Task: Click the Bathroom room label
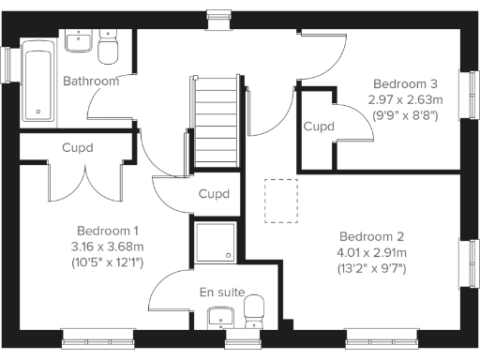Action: click(x=91, y=82)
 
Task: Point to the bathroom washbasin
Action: click(x=77, y=41)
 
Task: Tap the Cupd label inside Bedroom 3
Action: click(x=319, y=127)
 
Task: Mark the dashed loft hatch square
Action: click(x=279, y=200)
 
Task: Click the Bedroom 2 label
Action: click(x=371, y=236)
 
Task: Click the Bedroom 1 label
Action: click(x=109, y=231)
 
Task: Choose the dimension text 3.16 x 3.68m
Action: click(x=109, y=247)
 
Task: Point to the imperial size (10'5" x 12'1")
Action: click(x=109, y=262)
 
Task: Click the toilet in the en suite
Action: click(x=253, y=310)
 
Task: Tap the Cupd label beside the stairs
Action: click(x=215, y=194)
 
